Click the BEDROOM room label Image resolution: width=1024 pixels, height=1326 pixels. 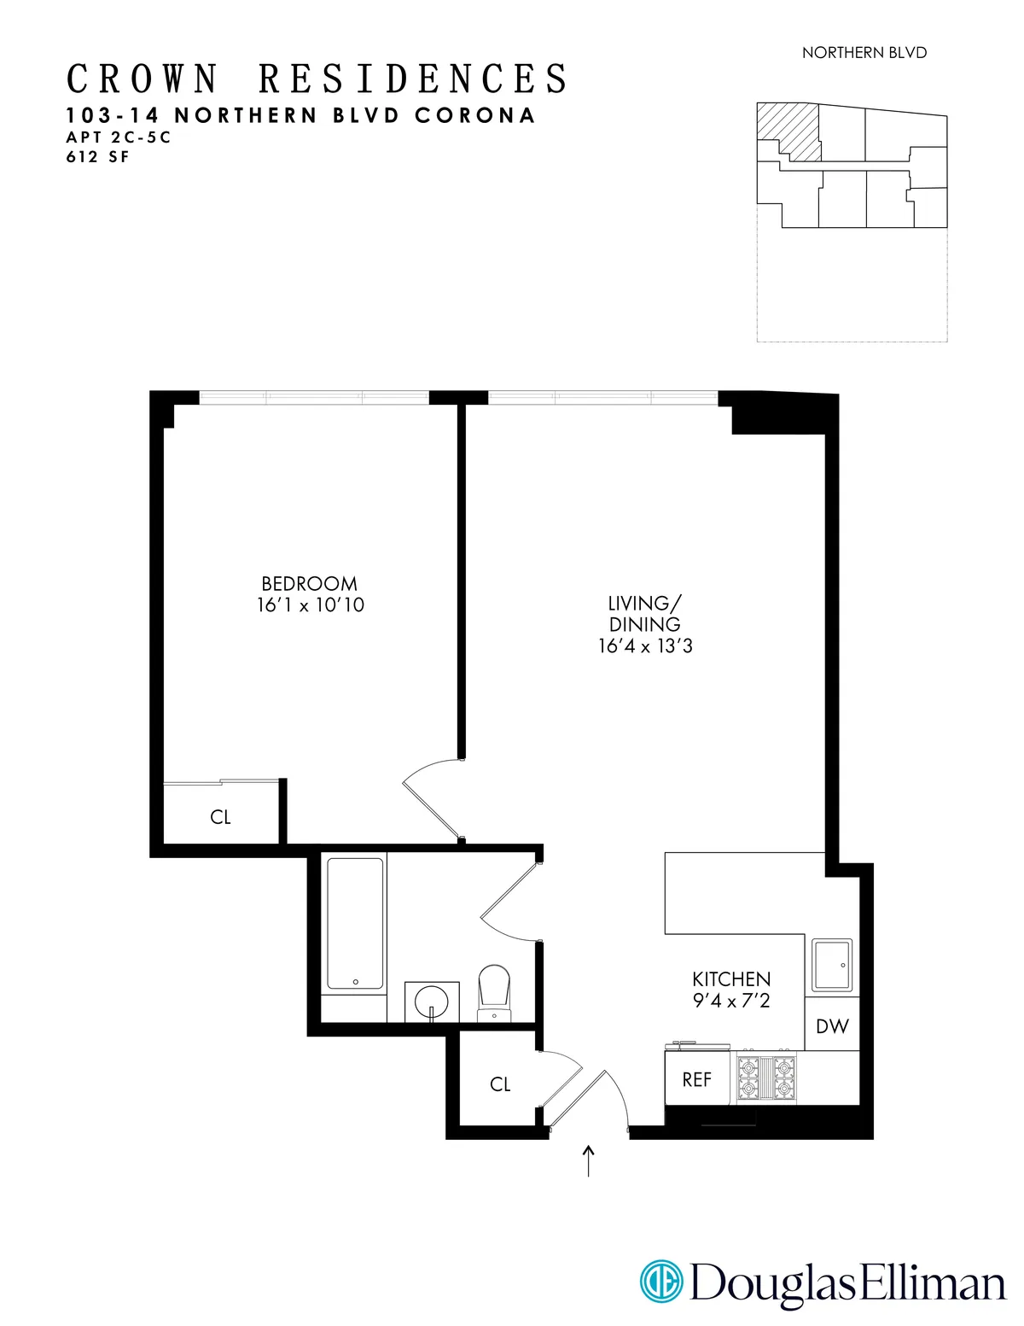coord(309,584)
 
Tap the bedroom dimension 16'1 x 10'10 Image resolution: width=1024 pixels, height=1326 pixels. coord(310,605)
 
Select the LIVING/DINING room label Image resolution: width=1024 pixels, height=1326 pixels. coord(644,614)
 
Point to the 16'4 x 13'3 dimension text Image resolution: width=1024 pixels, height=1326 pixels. coord(645,646)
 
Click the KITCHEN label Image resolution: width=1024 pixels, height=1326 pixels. coord(731,979)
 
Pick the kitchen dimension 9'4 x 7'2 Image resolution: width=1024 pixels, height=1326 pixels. coord(731,1001)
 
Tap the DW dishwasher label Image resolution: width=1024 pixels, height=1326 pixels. coord(832,1027)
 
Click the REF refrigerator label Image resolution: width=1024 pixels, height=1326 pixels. coord(696,1080)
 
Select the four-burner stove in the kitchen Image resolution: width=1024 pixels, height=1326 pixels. coord(766,1078)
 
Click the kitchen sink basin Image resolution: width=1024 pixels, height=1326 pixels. coord(831,965)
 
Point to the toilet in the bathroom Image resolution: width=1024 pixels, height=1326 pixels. coord(494,990)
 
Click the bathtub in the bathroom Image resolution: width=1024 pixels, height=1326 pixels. coord(355,924)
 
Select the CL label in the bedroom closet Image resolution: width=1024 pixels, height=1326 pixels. coord(220,818)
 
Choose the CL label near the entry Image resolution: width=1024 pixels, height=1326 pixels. coord(500,1084)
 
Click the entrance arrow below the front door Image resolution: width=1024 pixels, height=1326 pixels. coord(588,1161)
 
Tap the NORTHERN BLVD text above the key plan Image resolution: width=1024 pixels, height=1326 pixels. coord(864,53)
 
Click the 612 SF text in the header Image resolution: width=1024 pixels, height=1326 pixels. coord(98,157)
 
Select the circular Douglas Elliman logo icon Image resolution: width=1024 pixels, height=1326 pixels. coord(661,1282)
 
